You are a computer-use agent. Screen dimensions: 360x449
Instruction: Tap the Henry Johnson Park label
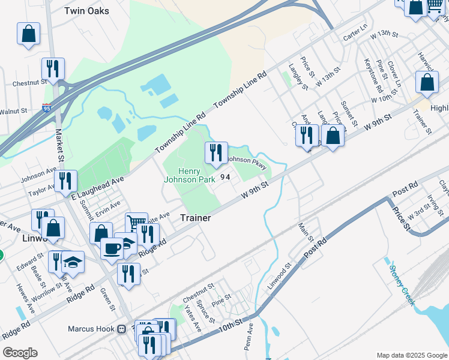[x=190, y=174]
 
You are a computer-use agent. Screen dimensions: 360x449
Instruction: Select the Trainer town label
[x=196, y=218]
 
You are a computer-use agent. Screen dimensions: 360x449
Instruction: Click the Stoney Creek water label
[x=402, y=285]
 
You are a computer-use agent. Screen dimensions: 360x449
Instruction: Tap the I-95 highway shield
[x=47, y=109]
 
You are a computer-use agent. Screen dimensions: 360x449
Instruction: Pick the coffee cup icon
[x=111, y=248]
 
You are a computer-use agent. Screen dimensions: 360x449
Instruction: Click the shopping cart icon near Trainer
[x=136, y=223]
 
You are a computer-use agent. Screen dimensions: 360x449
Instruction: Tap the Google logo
[x=20, y=353]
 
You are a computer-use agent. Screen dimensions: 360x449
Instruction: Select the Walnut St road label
[x=13, y=111]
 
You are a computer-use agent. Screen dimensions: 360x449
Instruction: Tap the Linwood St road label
[x=280, y=273]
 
